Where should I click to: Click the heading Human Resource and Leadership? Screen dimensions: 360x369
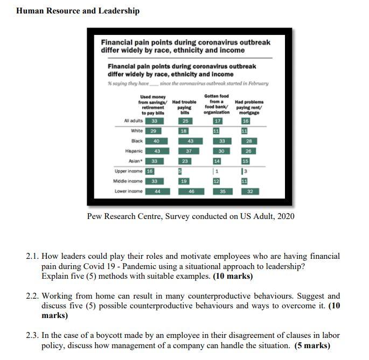(x=78, y=11)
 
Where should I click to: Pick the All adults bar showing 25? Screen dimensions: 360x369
(x=185, y=121)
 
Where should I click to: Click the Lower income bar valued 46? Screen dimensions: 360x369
(x=191, y=191)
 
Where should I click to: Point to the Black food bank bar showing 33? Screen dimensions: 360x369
(x=221, y=140)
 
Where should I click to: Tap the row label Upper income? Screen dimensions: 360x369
(x=128, y=171)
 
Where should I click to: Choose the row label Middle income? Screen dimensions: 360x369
(x=128, y=181)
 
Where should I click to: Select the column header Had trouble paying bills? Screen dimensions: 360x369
(x=185, y=105)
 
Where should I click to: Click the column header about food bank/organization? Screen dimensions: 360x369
(x=217, y=104)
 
